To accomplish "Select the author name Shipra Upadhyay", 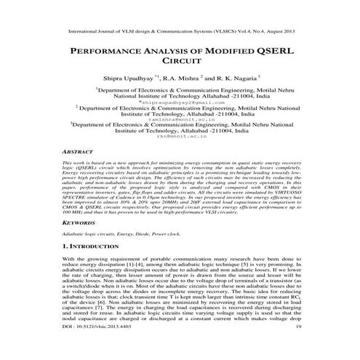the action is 127,78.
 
